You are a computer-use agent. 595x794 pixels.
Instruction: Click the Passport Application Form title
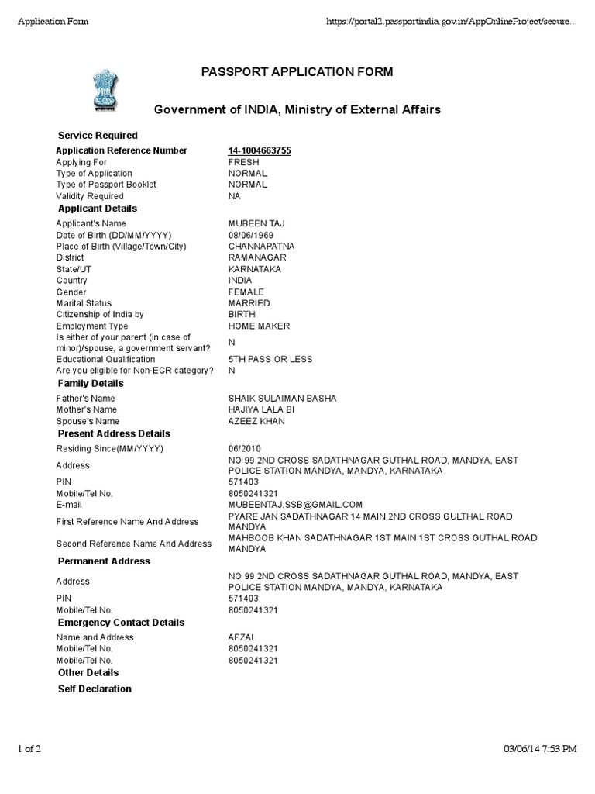point(297,72)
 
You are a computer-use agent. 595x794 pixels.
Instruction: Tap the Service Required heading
point(98,136)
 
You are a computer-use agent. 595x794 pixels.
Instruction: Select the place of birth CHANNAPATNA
point(261,247)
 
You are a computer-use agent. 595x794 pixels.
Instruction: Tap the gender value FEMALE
point(246,292)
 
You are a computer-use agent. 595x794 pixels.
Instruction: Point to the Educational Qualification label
point(105,360)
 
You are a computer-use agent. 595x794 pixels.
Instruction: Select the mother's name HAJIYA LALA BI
point(260,409)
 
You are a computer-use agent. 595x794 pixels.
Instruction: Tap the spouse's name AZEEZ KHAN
point(256,421)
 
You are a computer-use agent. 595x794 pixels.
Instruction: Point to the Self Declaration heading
point(95,689)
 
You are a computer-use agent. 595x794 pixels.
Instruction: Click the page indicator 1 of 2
point(29,748)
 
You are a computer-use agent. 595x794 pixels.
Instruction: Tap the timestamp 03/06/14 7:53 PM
point(540,748)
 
